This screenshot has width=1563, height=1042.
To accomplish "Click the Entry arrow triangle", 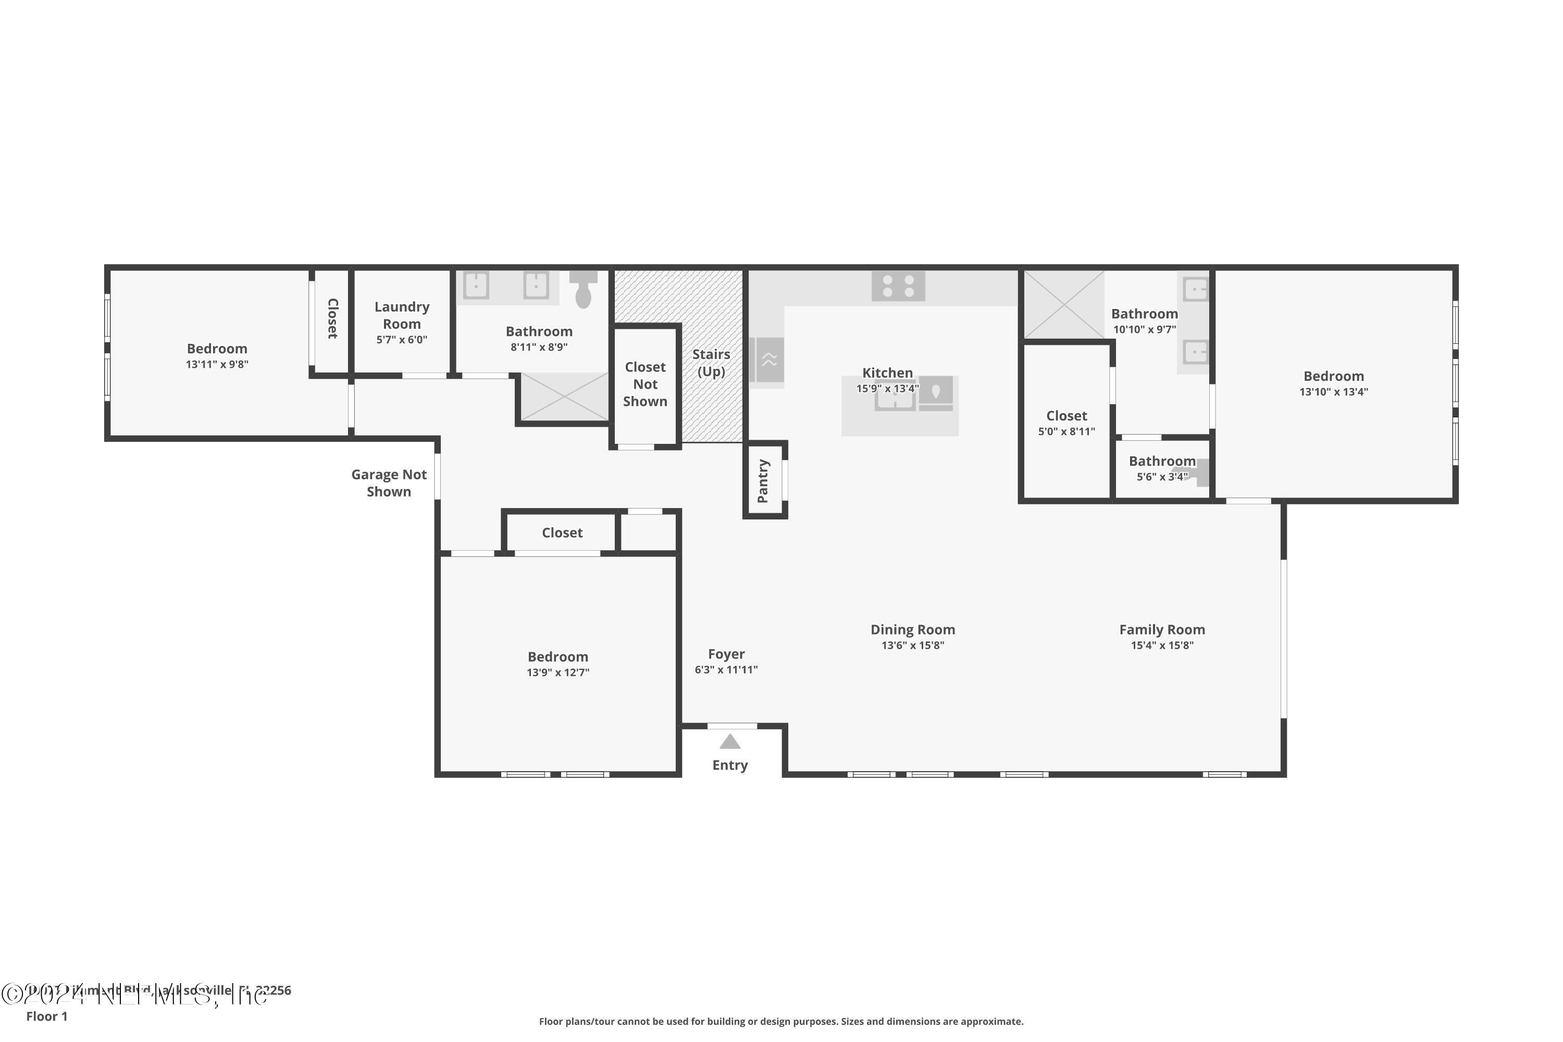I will coord(730,741).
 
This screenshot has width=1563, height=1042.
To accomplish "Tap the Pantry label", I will coord(763,480).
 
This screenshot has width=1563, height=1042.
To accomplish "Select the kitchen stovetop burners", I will coord(898,287).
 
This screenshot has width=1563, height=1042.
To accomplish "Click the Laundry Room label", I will coord(401,315).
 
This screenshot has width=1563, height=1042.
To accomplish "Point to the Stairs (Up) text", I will coord(711,363).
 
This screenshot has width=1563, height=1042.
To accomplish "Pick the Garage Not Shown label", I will coord(389,483).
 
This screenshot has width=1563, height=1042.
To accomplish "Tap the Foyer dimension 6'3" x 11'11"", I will coord(726,670).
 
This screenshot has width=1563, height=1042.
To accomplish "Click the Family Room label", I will coord(1162,629).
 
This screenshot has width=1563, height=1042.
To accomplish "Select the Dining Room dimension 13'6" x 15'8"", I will coord(912,646).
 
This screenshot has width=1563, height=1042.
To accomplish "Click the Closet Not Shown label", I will coord(644,384).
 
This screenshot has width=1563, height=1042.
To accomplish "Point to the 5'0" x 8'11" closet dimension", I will coord(1066,431).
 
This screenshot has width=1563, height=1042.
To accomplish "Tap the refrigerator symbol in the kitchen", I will coord(769,359).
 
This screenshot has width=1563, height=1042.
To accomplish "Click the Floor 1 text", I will coord(46,1016).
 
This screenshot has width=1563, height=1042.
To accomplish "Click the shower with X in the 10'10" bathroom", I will coord(1063,304).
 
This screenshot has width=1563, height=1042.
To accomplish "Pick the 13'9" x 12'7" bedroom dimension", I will coord(557,673).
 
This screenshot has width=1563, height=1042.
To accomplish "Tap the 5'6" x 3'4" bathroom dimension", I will coord(1162,477).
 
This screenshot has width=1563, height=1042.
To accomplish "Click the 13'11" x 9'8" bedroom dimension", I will coord(217,364).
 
